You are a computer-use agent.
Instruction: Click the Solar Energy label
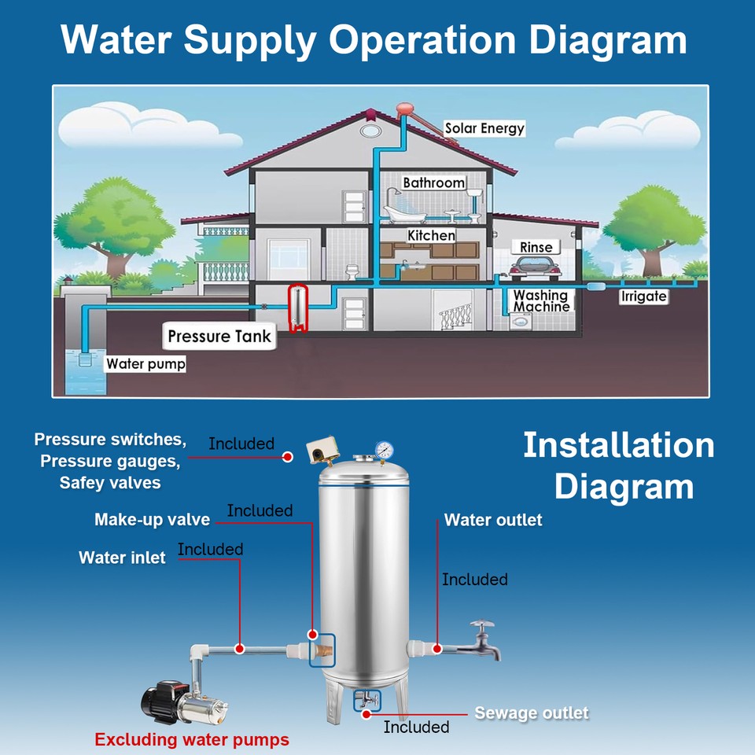pos(484,127)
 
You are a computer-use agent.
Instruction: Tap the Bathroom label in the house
pos(433,182)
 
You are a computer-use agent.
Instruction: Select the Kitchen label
pos(431,235)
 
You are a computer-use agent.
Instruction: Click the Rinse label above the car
pos(536,247)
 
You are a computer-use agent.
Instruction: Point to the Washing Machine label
pos(541,300)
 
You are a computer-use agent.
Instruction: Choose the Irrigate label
pos(643,296)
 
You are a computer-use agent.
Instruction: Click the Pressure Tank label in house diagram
pos(219,337)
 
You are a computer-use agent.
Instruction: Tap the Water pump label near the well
pos(145,364)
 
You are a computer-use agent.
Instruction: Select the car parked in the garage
pos(535,269)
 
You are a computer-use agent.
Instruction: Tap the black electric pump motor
pos(160,702)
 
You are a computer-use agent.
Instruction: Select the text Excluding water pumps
pos(192,739)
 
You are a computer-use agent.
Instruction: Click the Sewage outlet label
pos(531,713)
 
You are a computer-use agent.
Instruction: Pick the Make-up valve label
pos(152,520)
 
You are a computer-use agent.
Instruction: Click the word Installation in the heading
pos(618,445)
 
